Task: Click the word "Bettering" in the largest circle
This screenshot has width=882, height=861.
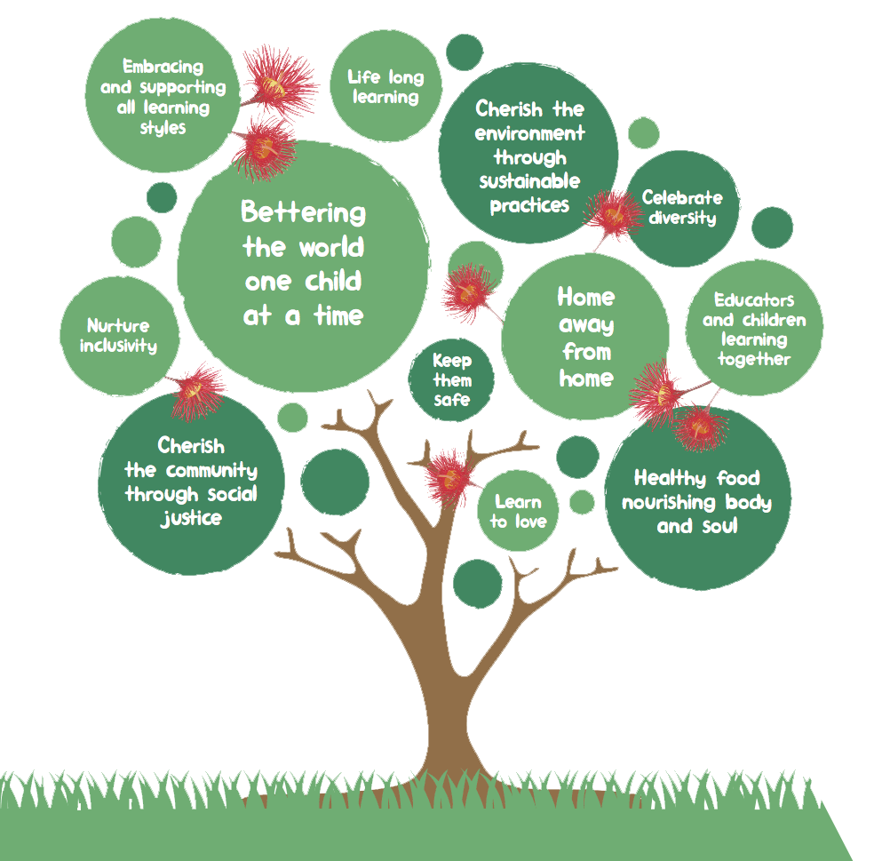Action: pos(303,213)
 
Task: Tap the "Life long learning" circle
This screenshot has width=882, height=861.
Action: pos(385,87)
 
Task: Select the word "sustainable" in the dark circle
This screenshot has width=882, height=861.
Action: pos(529,181)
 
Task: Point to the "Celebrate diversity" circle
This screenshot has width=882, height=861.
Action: pos(682,208)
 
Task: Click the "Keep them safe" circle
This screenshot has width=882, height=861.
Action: pos(452,380)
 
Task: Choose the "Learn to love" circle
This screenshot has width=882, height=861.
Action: pos(518,512)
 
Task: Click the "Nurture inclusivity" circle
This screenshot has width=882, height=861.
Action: pos(119,336)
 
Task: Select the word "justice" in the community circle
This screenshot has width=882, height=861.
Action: pos(190,517)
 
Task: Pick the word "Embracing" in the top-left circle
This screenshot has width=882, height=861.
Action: pos(163,67)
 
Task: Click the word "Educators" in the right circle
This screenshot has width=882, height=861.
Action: pos(754,300)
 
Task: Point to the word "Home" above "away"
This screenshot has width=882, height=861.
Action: pos(585,296)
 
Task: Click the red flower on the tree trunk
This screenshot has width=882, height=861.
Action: pos(447,476)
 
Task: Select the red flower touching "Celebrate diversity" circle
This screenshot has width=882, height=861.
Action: pos(612,213)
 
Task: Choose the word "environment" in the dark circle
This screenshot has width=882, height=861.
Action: pos(529,133)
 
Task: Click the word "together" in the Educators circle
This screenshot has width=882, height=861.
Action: pos(754,359)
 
